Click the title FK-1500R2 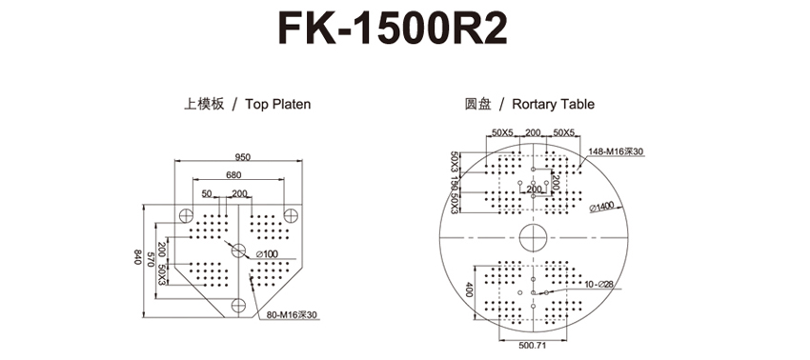(393, 28)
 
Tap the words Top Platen (278, 105)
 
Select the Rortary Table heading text (553, 105)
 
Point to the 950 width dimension (242, 157)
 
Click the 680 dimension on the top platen (233, 175)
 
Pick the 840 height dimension (138, 257)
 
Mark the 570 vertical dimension (151, 259)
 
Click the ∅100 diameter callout (267, 253)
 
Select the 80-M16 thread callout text (292, 314)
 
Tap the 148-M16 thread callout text (616, 151)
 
